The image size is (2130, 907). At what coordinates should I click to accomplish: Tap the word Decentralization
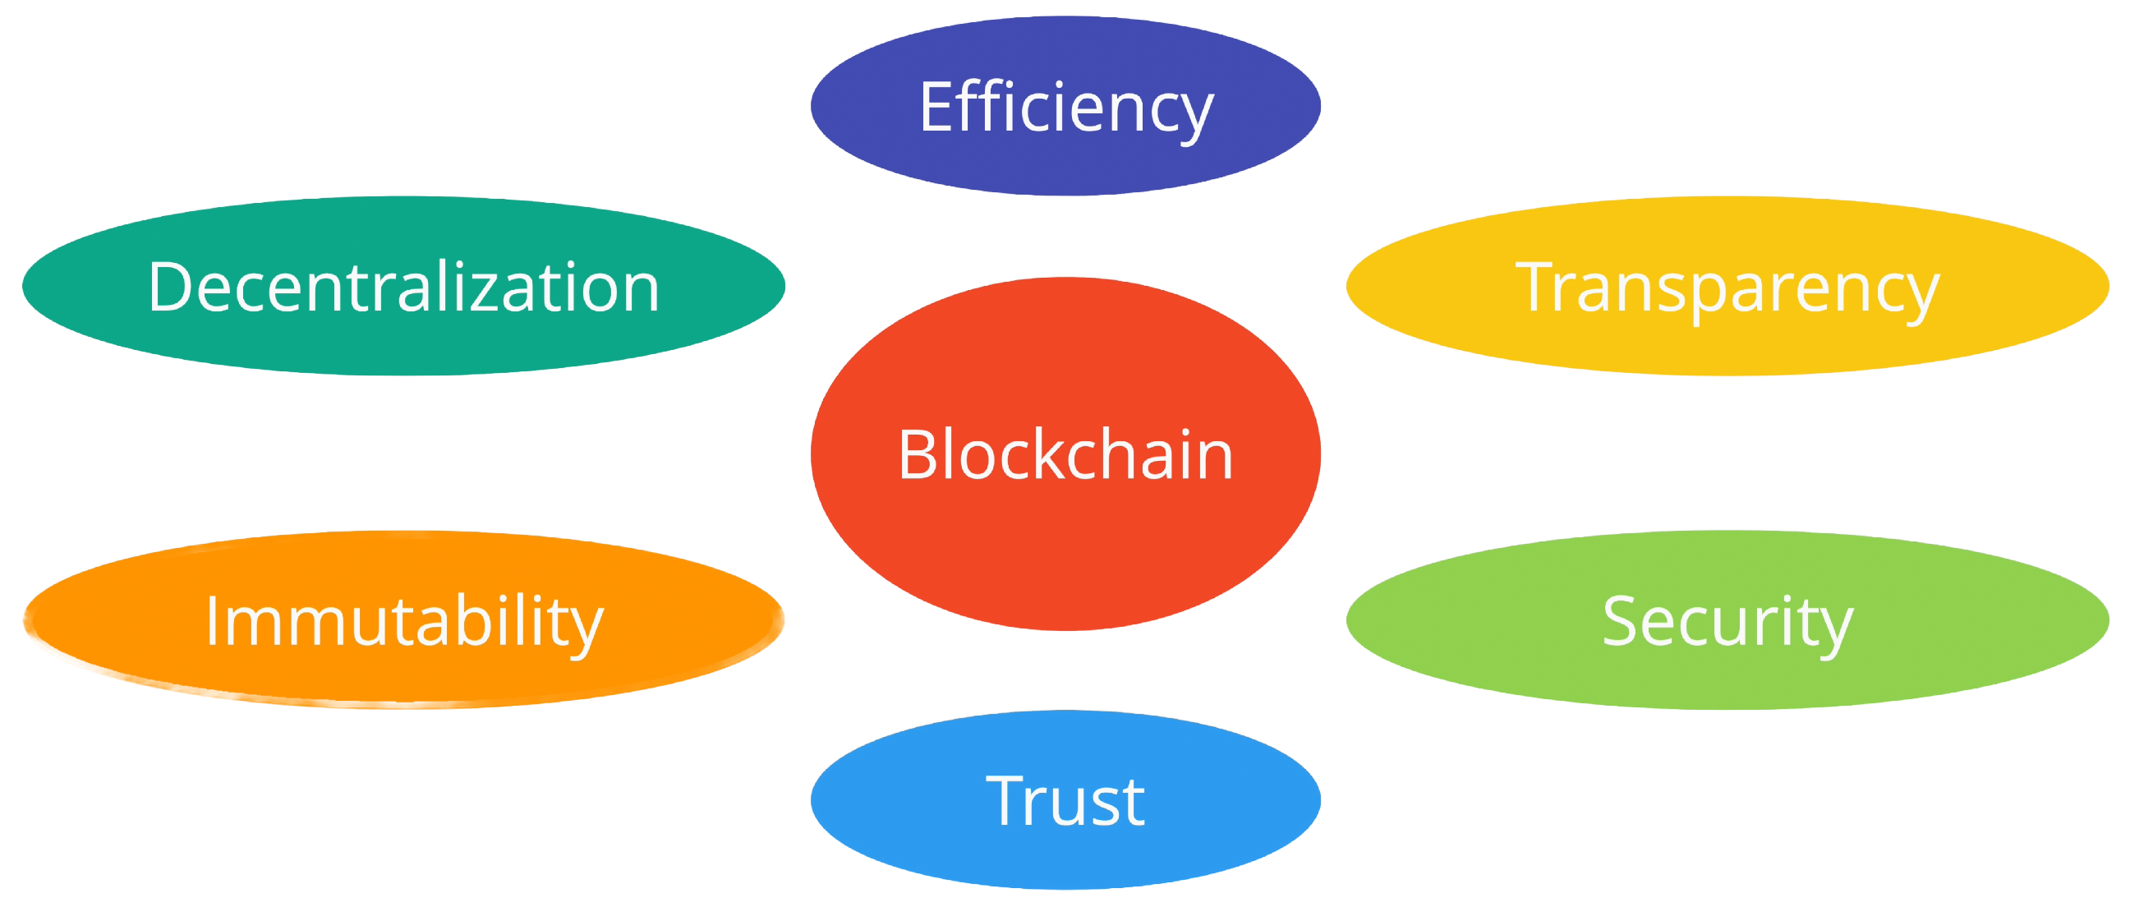(x=403, y=287)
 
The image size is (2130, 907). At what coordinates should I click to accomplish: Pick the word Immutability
(x=403, y=622)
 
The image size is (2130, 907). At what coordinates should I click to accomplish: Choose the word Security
(x=1727, y=622)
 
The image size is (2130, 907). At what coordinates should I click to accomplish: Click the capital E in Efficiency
(x=936, y=108)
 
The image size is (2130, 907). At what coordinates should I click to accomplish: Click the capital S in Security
(x=1622, y=622)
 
